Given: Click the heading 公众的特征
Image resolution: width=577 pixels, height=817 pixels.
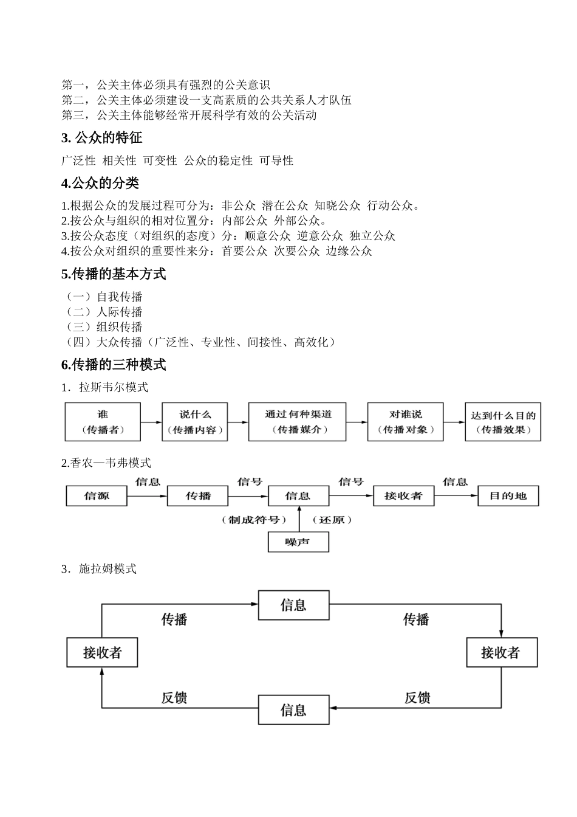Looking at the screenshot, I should (x=101, y=138).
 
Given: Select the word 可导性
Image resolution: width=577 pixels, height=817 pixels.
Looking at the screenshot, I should (x=276, y=160).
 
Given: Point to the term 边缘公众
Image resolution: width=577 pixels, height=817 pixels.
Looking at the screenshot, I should (x=349, y=251).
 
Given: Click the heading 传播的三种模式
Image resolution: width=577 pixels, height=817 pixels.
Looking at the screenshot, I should (x=114, y=365).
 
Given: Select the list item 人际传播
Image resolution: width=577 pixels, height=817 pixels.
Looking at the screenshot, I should (x=119, y=312).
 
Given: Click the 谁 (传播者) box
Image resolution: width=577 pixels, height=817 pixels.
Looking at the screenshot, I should (x=103, y=422).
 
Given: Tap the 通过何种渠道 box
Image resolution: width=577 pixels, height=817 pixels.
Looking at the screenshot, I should (x=297, y=422).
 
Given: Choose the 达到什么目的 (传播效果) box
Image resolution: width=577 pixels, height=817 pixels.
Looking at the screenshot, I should (x=503, y=422).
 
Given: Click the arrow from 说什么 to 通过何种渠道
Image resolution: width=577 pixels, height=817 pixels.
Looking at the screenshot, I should (x=238, y=422).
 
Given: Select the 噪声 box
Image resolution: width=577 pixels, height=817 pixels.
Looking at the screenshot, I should (x=298, y=542).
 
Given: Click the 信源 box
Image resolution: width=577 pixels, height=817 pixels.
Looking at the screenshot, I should (x=97, y=496).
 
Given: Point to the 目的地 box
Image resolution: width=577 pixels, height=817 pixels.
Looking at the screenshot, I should (x=508, y=496).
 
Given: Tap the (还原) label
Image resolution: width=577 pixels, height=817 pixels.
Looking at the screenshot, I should (x=332, y=520).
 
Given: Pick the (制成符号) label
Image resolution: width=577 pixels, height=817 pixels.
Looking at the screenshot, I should (x=254, y=520).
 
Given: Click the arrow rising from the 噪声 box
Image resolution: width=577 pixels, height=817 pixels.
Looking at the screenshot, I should (x=298, y=519).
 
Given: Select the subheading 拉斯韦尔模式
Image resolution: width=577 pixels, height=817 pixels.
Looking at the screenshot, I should (x=113, y=387).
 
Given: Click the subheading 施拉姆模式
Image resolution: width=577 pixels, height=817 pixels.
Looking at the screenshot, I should (x=108, y=569).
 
